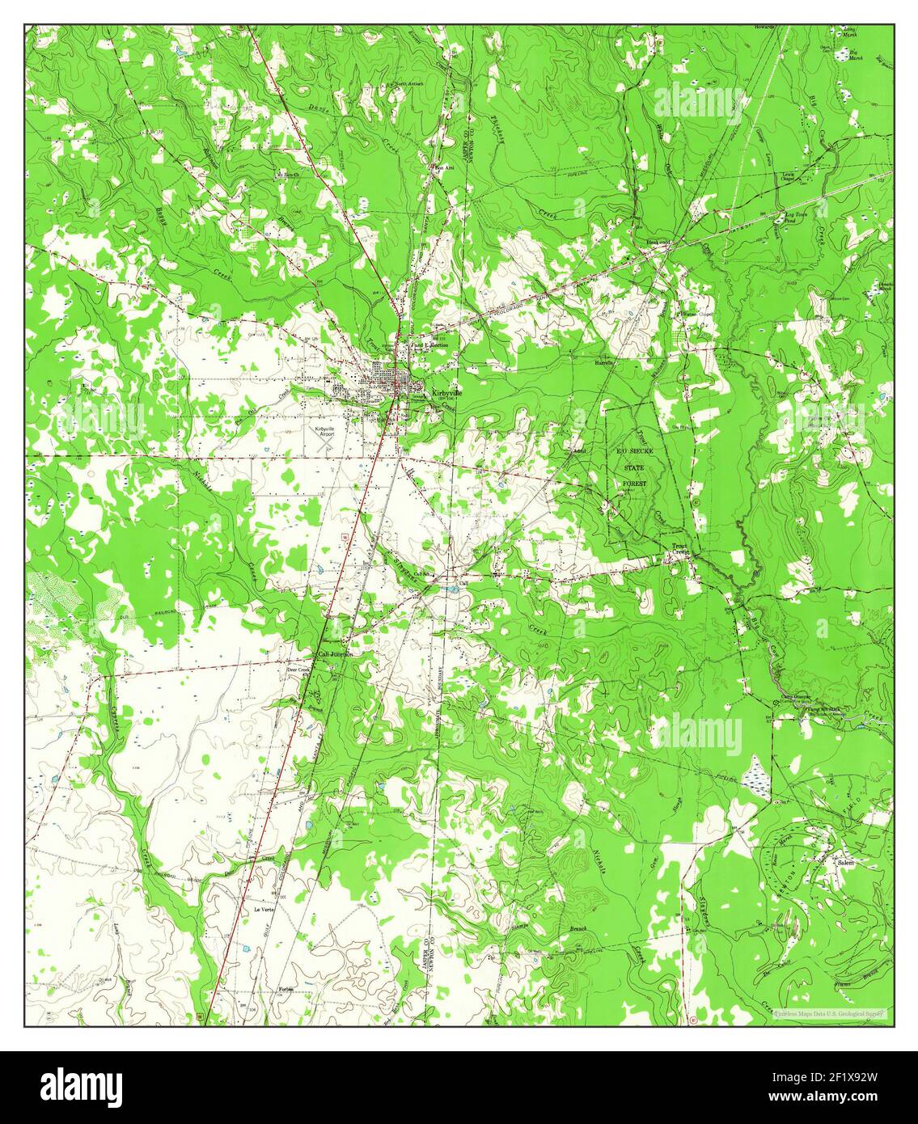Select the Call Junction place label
tap(336, 654)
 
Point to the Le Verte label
tap(264, 909)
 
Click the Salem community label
tap(846, 863)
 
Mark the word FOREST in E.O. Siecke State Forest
tap(636, 484)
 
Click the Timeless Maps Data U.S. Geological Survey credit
tap(829, 1012)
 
